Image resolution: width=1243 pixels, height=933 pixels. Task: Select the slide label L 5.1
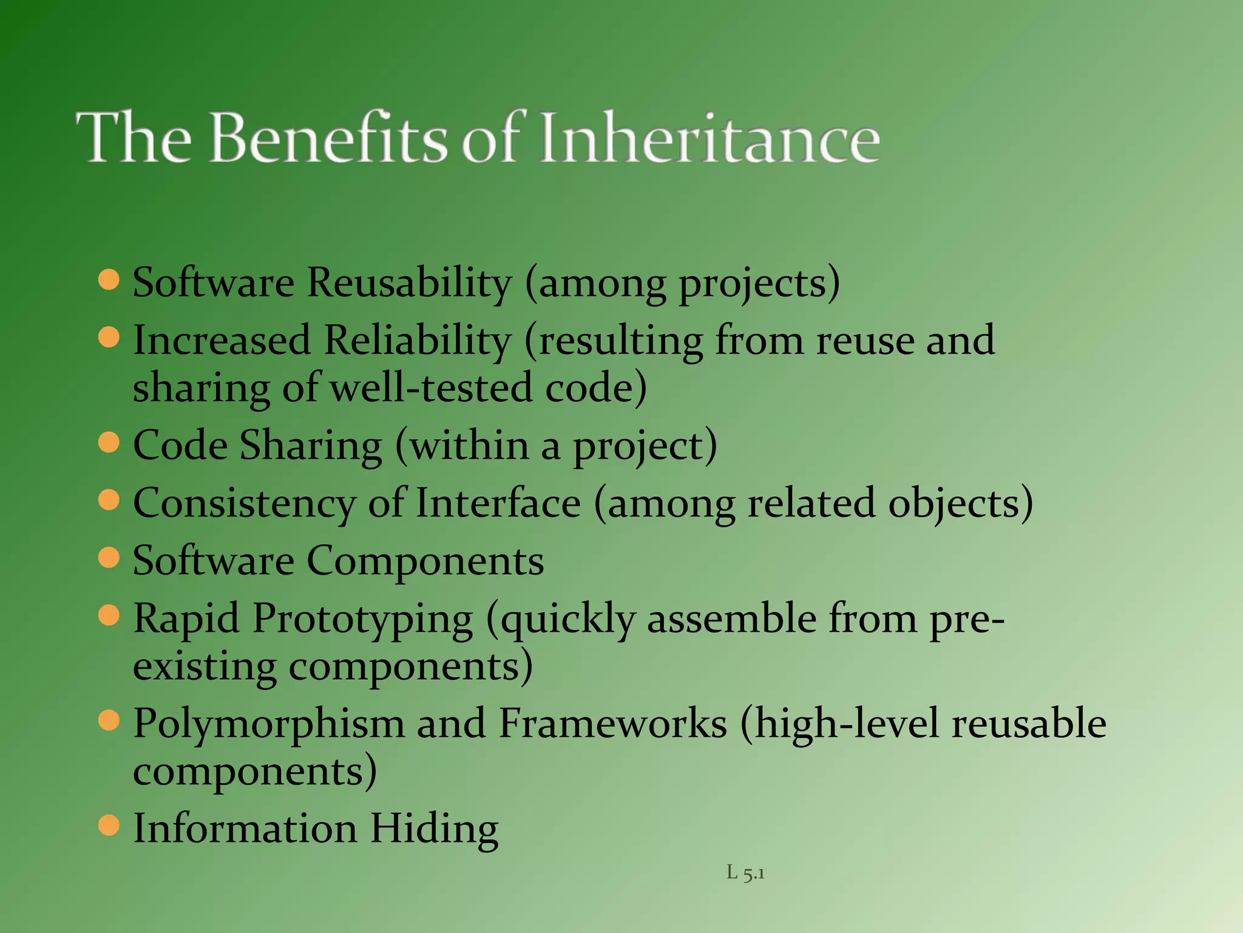pyautogui.click(x=745, y=873)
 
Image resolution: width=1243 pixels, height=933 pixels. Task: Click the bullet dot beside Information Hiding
pyautogui.click(x=109, y=826)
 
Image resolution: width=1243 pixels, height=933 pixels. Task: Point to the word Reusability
pyautogui.click(x=409, y=283)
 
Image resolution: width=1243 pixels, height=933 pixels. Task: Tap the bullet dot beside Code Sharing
pyautogui.click(x=109, y=443)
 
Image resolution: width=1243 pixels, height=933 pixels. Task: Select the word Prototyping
pyautogui.click(x=362, y=620)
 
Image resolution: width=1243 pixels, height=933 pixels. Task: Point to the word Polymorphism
pyautogui.click(x=269, y=724)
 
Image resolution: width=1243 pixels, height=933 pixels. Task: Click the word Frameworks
pyautogui.click(x=612, y=724)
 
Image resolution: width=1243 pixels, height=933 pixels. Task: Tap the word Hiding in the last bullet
pyautogui.click(x=434, y=829)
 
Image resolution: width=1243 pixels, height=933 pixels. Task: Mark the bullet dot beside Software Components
pyautogui.click(x=109, y=558)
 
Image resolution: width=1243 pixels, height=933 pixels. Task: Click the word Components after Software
pyautogui.click(x=425, y=561)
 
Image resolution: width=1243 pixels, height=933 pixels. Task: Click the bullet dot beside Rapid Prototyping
pyautogui.click(x=109, y=616)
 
